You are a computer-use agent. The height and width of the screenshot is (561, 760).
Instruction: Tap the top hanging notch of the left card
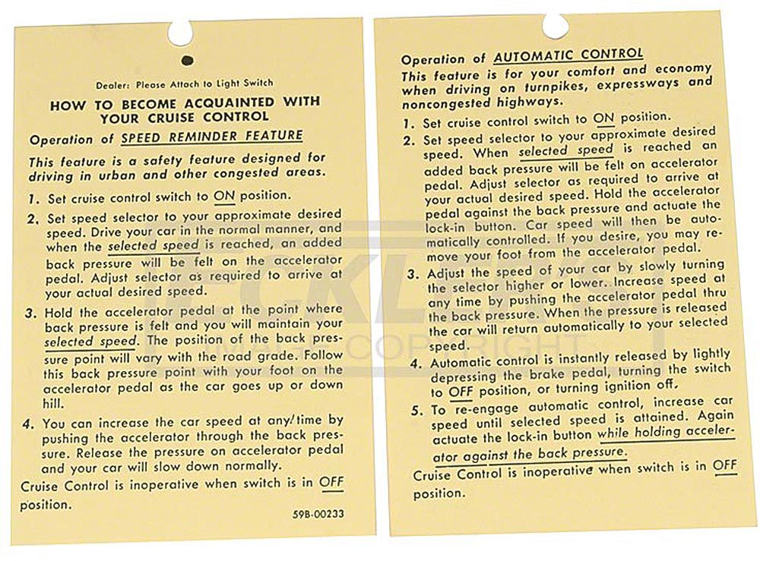(180, 31)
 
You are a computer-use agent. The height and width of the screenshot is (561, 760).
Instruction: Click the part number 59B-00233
(318, 514)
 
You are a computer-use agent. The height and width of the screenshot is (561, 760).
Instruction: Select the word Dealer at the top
(113, 84)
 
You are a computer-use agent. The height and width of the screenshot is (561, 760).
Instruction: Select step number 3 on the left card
(33, 312)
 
